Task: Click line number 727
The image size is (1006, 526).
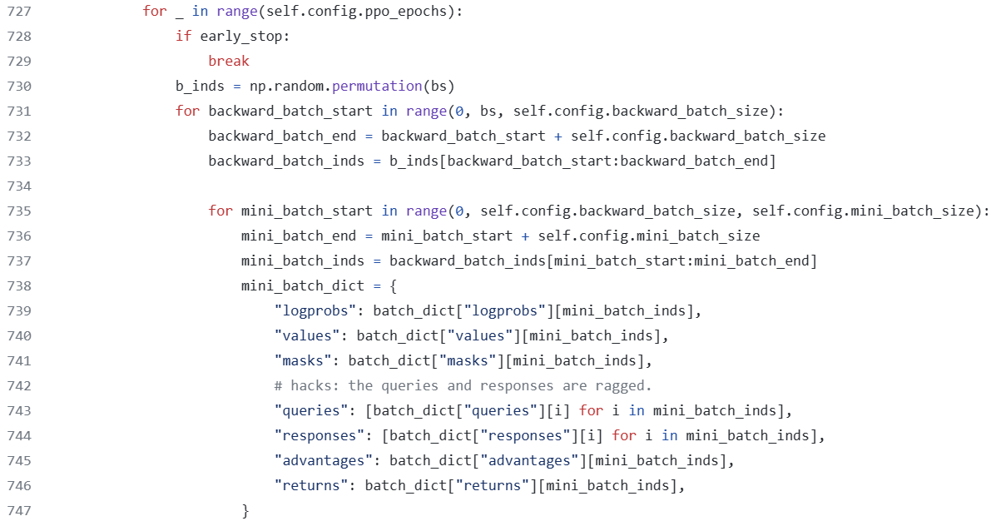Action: [x=19, y=11]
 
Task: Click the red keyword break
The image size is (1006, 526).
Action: [x=229, y=61]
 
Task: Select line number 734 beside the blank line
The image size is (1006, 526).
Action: [x=19, y=186]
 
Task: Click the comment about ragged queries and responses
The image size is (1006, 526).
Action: [x=463, y=385]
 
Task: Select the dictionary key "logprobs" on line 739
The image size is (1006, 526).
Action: [x=315, y=310]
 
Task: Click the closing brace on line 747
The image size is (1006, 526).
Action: [x=245, y=510]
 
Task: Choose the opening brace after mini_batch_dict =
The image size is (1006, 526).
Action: [x=394, y=285]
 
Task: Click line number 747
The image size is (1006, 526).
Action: [x=19, y=510]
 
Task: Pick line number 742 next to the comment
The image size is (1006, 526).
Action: [x=19, y=385]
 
